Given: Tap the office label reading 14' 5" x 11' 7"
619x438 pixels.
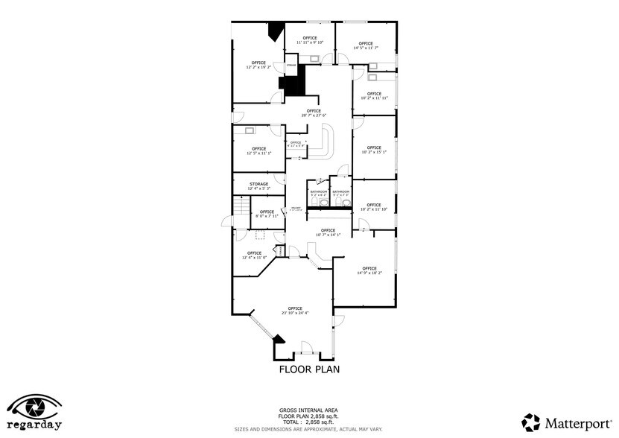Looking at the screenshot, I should pyautogui.click(x=365, y=45).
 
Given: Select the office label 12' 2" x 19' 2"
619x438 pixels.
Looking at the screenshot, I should pyautogui.click(x=258, y=65).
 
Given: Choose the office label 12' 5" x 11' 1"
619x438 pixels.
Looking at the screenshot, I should pyautogui.click(x=258, y=150).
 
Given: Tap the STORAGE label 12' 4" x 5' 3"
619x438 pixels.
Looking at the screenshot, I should pyautogui.click(x=258, y=186).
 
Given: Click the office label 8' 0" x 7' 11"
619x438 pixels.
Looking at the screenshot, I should pyautogui.click(x=266, y=214).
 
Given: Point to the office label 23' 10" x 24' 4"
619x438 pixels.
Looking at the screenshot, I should pyautogui.click(x=295, y=311).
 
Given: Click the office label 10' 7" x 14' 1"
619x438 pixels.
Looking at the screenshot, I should pyautogui.click(x=328, y=232).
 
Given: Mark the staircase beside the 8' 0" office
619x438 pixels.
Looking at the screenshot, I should pyautogui.click(x=239, y=206).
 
